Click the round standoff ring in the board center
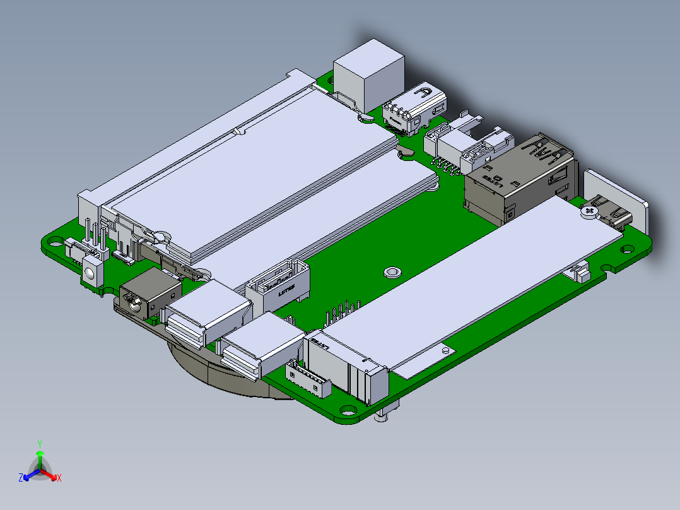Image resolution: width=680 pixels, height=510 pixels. point(392,273)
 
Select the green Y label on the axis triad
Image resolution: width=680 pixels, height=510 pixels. point(39,444)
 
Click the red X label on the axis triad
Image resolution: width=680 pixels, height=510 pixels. point(59,478)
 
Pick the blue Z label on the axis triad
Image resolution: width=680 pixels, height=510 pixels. point(21,478)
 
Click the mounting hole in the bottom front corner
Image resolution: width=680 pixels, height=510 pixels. point(347,409)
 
